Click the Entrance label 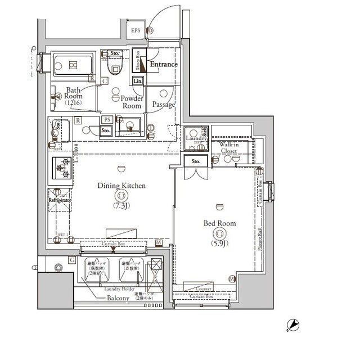pos(163,65)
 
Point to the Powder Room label pos(132,102)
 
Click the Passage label pos(164,105)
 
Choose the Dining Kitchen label pos(121,186)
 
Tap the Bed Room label pos(219,223)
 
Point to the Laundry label pos(195,139)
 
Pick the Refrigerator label pos(59,200)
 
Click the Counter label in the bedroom pos(204,289)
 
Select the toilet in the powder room pos(116,67)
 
